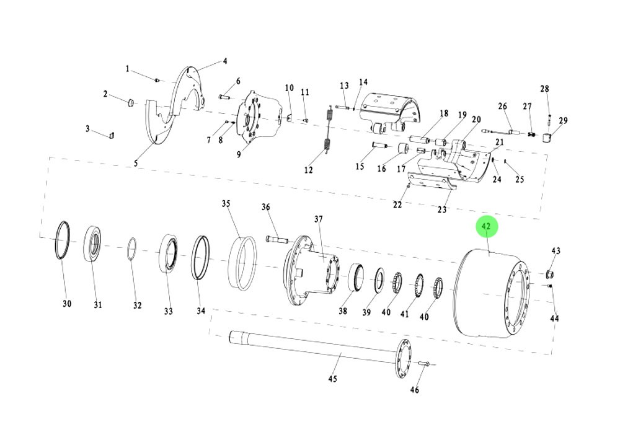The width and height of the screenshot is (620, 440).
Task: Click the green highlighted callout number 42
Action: (x=487, y=227)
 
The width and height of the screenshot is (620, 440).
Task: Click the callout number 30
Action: (x=67, y=304)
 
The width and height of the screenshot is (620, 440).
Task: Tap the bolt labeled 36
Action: (x=276, y=238)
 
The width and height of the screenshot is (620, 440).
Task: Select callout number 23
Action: (x=442, y=210)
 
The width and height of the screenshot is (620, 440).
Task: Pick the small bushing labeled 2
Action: (x=131, y=101)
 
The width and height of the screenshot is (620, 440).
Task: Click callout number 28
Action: (x=544, y=89)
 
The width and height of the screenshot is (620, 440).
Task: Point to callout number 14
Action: (x=363, y=82)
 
